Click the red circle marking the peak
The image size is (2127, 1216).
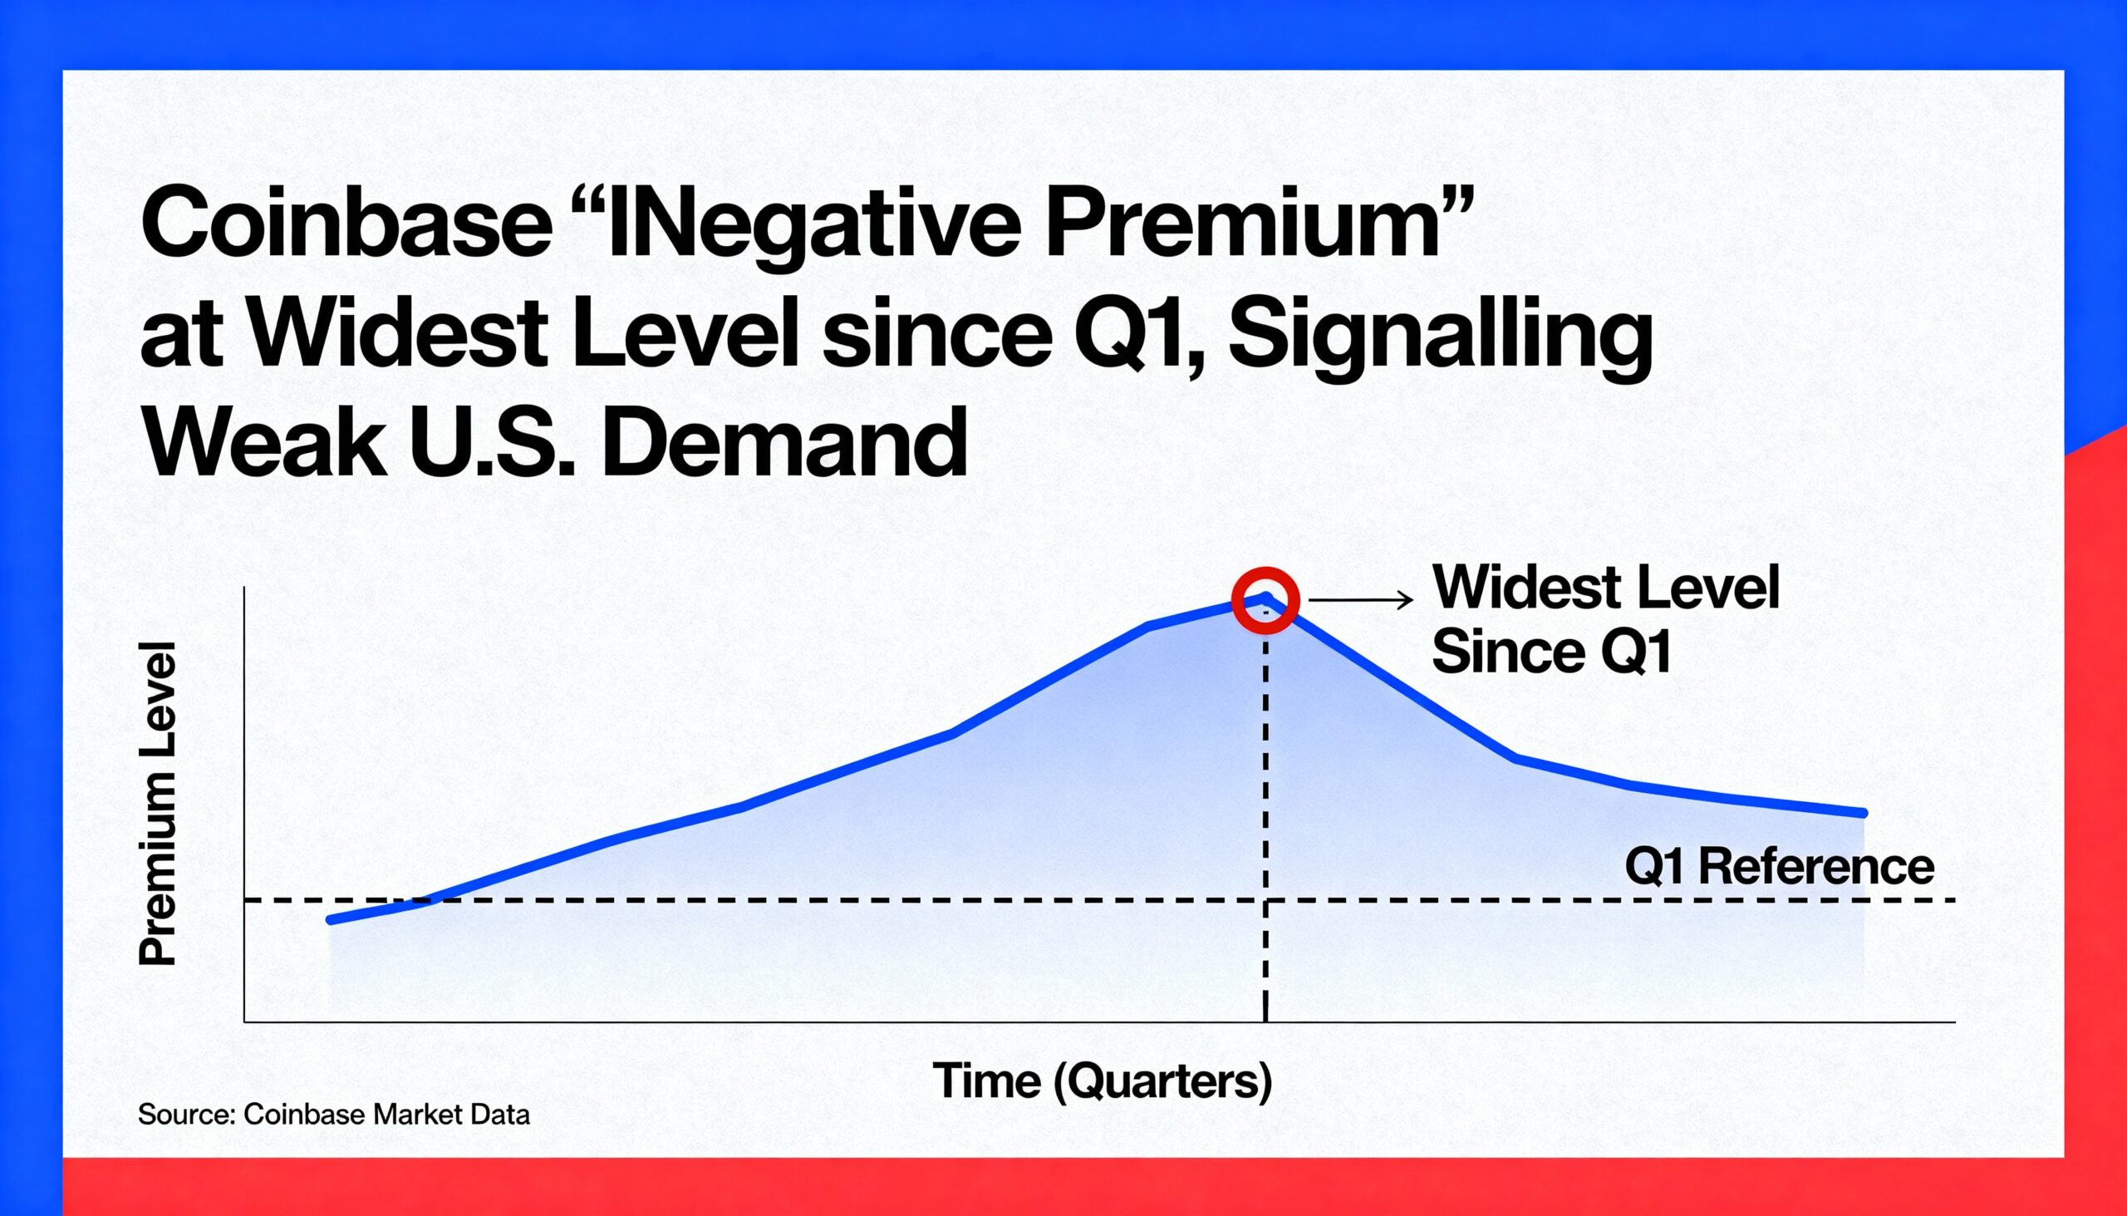point(1265,600)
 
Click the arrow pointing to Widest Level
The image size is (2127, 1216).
point(1360,599)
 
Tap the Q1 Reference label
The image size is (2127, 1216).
point(1779,866)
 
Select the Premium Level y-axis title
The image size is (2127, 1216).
point(158,804)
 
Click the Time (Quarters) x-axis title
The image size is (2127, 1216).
point(1102,1081)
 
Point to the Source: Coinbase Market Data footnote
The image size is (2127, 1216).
point(333,1114)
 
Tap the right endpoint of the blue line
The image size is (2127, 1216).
point(1864,813)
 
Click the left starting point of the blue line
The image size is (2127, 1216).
point(332,920)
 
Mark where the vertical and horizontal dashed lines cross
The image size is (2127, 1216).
point(1265,900)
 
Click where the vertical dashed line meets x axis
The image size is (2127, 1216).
point(1265,1022)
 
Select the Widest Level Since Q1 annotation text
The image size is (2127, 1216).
point(1604,619)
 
